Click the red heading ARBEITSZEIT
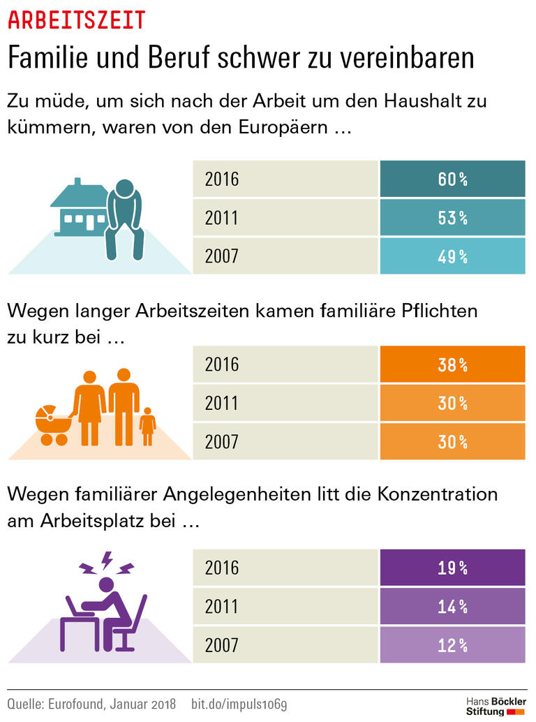point(77,20)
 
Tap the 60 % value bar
point(452,179)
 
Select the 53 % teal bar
point(452,218)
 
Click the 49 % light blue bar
point(452,256)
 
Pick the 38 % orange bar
point(452,364)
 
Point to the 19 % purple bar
point(452,568)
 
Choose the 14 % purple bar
point(452,607)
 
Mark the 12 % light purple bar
point(452,645)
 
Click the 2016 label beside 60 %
point(222,179)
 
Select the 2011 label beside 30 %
point(222,404)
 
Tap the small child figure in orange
point(147,427)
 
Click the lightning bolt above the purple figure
point(107,560)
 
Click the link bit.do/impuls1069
point(239,703)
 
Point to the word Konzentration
point(438,495)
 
